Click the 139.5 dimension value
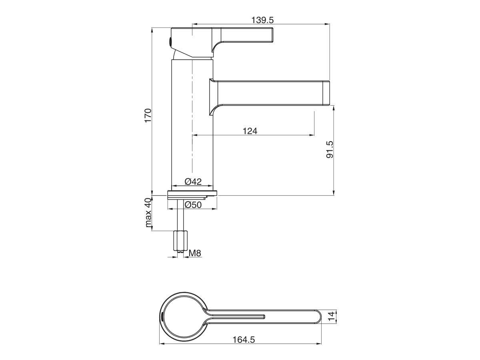263,20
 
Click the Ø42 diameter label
193,182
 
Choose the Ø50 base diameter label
193,204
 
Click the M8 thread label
195,253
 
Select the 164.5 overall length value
244,340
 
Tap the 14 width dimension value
330,317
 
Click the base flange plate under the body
192,194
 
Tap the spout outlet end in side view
326,93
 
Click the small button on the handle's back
170,41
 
